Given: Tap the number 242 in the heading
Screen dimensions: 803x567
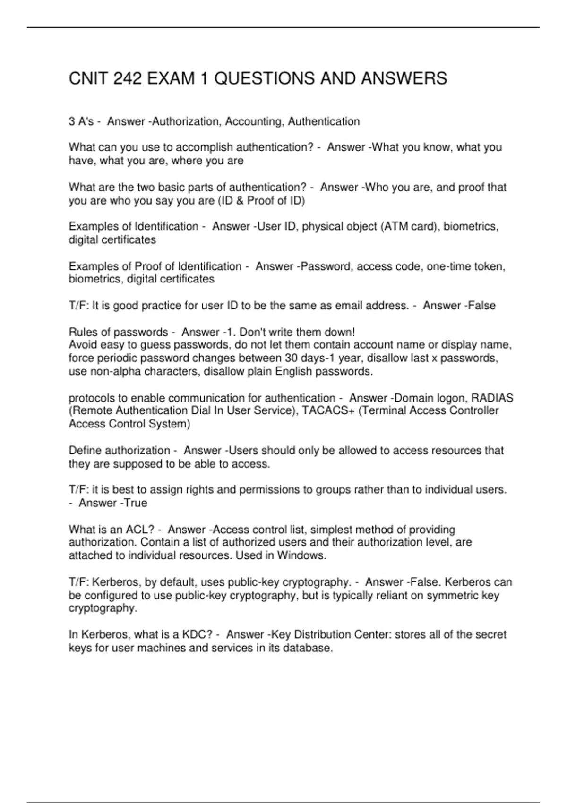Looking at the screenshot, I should tap(128, 78).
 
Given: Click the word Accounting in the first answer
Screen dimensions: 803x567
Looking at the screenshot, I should tap(253, 122).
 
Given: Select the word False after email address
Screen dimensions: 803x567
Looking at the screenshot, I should tap(482, 306).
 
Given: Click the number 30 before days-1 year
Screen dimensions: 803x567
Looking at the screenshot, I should tap(291, 358).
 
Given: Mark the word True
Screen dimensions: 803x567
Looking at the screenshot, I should tap(136, 503).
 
